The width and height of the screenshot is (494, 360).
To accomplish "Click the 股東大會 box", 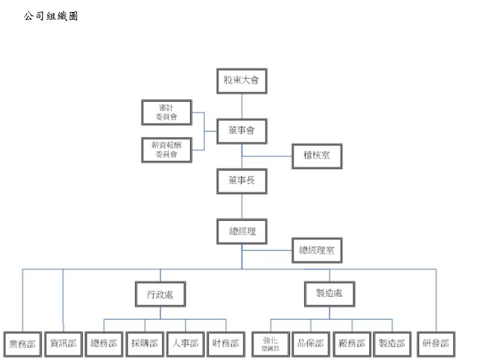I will point(242,81).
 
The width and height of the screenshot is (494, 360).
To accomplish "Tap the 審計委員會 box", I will point(166,113).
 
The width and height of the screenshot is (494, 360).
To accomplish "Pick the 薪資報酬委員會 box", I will point(166,149).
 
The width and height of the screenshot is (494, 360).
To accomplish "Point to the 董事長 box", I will point(242,181).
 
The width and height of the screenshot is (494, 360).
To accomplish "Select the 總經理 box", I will point(242,231).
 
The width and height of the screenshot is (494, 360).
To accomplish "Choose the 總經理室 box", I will point(317,250).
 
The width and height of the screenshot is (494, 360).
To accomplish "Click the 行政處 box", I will point(159,295).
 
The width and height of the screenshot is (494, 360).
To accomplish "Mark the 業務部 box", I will point(22,344).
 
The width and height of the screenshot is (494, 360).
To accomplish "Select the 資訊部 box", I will point(63,344).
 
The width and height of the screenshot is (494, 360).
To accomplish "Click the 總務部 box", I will point(104,344).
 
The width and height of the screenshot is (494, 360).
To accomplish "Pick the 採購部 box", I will point(145,344).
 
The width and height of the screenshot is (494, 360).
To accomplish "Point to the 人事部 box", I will point(185,344).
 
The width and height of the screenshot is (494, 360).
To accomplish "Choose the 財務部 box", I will point(226,344).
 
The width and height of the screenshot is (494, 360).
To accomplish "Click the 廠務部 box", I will point(352,344).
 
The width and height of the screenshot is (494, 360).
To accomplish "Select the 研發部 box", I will point(436,344).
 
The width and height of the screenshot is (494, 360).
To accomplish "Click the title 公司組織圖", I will point(51,16).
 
